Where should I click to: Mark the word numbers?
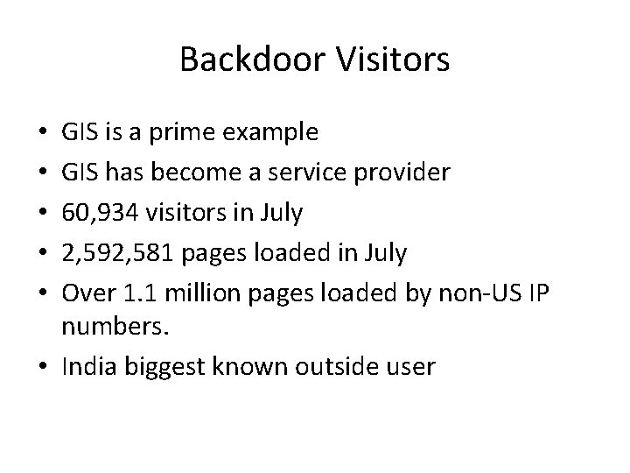[107, 327]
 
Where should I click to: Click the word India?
[85, 367]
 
